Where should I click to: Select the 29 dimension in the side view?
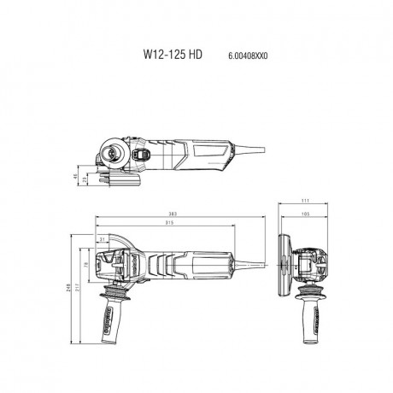(x=85, y=179)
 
